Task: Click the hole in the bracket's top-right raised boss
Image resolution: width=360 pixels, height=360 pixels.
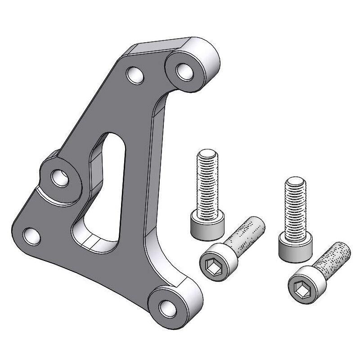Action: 184,71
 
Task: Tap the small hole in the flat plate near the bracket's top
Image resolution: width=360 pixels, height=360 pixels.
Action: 134,75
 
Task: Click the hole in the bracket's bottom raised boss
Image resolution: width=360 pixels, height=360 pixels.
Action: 167,308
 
